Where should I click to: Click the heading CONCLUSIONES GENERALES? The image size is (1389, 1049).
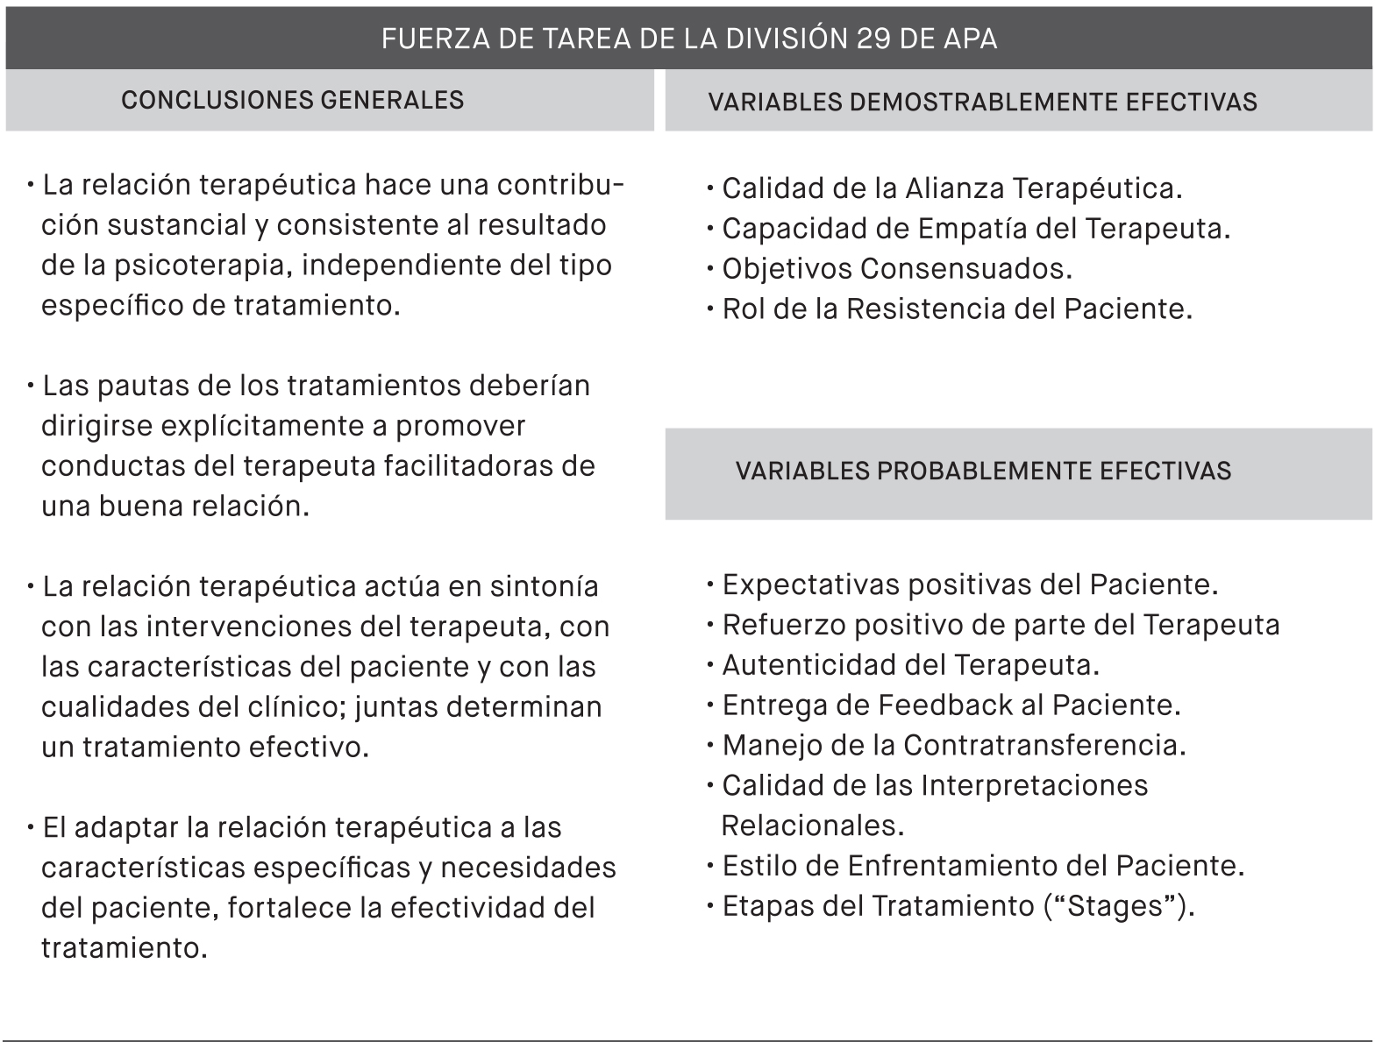tap(292, 100)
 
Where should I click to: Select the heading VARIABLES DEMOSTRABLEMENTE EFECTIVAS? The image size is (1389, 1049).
tap(982, 103)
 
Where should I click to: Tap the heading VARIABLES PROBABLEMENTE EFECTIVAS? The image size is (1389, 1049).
tap(983, 471)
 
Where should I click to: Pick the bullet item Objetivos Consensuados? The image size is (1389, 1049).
tap(896, 269)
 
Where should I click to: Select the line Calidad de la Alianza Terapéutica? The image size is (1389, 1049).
tap(951, 188)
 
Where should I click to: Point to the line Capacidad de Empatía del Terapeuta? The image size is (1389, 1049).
tap(975, 229)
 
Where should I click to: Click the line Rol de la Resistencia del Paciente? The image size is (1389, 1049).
tap(957, 309)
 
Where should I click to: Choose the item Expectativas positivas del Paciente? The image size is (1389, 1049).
tap(969, 585)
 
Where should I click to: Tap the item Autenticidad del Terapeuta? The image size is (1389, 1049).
tap(910, 665)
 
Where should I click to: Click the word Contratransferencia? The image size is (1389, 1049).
tap(1044, 746)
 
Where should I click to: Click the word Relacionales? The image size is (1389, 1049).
tap(812, 826)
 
